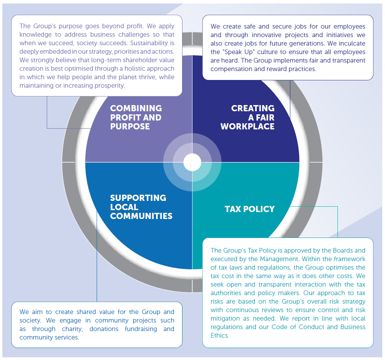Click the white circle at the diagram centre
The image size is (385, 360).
(192, 162)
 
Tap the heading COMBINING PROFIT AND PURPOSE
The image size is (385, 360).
(136, 117)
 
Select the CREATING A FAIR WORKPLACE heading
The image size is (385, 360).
(247, 117)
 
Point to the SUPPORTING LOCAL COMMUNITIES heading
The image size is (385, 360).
(141, 207)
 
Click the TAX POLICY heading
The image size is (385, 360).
(249, 209)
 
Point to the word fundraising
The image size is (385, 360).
(141, 329)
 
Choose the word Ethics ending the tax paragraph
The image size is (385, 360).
(220, 335)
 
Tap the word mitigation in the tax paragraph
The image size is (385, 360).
(225, 319)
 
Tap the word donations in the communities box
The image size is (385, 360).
(104, 329)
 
